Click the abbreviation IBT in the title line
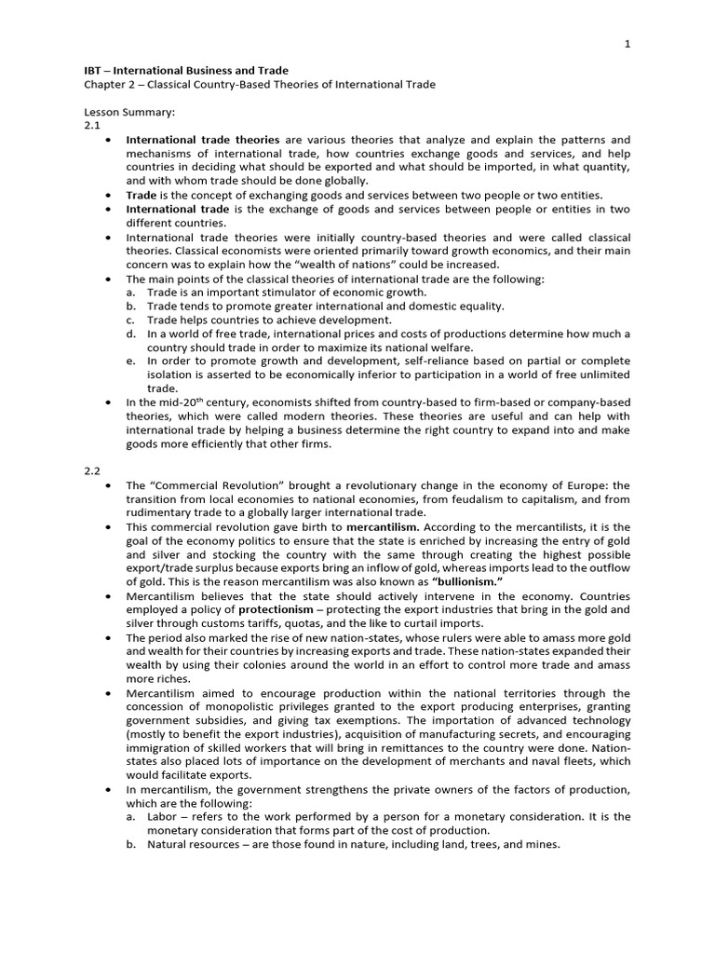(94, 71)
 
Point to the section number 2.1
(91, 125)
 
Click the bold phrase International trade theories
(203, 140)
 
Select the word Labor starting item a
(162, 817)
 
